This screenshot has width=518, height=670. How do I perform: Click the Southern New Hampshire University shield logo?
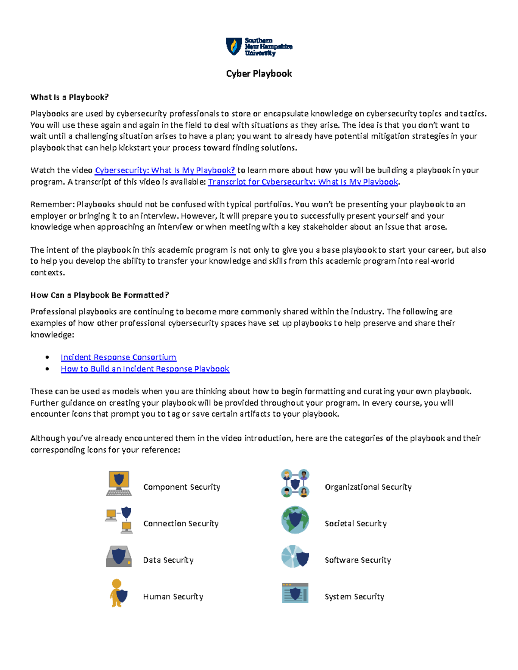tap(234, 46)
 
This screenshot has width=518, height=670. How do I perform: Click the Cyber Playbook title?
tap(259, 74)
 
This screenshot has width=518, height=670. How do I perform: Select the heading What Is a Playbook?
tap(69, 97)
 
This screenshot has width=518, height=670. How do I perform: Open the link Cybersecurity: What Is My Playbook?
tap(165, 170)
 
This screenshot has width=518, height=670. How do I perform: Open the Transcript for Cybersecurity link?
tap(303, 182)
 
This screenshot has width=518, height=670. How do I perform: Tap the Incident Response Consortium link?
tap(118, 357)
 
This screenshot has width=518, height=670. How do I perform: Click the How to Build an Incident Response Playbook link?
tap(145, 369)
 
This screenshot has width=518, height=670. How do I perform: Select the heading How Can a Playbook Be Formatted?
tap(100, 295)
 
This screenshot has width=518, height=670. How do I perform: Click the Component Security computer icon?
tap(119, 483)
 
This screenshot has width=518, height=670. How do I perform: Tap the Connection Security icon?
tap(119, 520)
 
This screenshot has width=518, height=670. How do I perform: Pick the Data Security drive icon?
tap(119, 557)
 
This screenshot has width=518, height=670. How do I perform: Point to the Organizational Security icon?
tap(295, 483)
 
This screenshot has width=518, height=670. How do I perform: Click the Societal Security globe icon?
tap(295, 520)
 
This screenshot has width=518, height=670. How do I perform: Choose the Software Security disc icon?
tap(295, 557)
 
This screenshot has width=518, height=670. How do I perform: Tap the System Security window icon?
tap(295, 593)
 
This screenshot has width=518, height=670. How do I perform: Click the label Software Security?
tap(358, 560)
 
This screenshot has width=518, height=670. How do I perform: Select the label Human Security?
tap(173, 597)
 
